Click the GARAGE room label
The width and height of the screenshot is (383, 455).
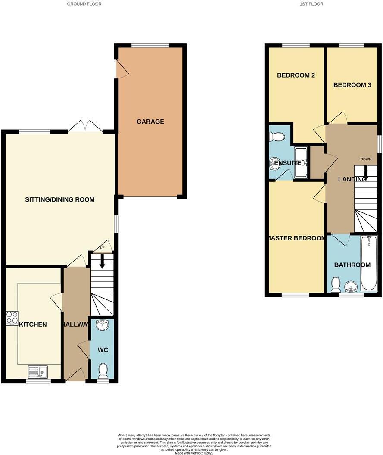[150, 122]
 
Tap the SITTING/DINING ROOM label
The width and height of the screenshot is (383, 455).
[60, 199]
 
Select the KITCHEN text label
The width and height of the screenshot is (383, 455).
[33, 324]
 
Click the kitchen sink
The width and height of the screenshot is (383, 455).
[39, 371]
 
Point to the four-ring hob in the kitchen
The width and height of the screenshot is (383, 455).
[12, 318]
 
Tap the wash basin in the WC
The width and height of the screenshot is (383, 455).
[103, 325]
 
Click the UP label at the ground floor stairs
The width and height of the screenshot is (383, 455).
[103, 248]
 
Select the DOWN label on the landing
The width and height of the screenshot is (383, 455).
[366, 159]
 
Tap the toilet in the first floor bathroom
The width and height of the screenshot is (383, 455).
[336, 284]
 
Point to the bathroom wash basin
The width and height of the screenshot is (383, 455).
[352, 287]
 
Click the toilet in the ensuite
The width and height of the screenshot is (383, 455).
[277, 137]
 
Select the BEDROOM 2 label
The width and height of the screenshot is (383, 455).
[296, 75]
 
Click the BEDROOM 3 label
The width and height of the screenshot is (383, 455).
[352, 85]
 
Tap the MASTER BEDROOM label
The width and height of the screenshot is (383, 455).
[296, 238]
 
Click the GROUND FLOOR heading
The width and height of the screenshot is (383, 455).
[84, 4]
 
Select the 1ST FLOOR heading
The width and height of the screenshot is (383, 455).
[311, 4]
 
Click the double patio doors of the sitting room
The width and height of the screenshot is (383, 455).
[85, 126]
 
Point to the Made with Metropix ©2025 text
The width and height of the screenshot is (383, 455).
[194, 453]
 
